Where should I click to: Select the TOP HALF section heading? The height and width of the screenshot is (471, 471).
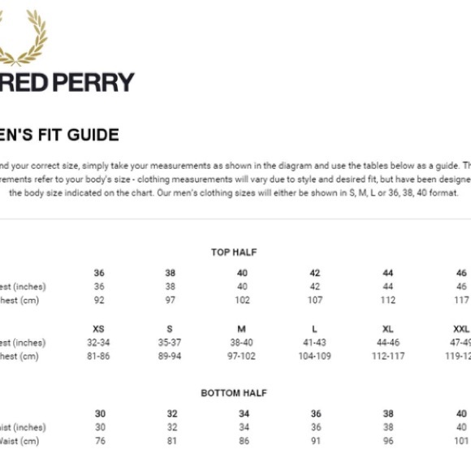click(x=234, y=253)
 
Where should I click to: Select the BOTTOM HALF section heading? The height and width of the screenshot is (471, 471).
click(x=234, y=393)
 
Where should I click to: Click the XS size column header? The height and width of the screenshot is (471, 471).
click(x=99, y=329)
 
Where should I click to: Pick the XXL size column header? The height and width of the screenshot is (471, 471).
click(x=460, y=329)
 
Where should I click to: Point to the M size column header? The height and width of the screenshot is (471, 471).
click(x=242, y=329)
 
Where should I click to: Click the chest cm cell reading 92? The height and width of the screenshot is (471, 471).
click(x=99, y=300)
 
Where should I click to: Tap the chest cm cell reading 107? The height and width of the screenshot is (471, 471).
click(x=315, y=300)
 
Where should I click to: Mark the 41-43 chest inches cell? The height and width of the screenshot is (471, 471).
click(x=315, y=343)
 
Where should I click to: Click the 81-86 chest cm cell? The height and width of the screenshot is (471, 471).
click(x=99, y=356)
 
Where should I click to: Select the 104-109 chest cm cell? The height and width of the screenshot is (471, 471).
click(x=315, y=356)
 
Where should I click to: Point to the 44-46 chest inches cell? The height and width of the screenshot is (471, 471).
click(x=388, y=343)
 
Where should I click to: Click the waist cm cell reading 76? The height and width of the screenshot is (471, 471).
click(x=100, y=441)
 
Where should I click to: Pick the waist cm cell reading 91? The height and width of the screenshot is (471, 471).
click(x=315, y=441)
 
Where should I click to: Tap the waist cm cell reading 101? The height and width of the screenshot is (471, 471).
click(x=461, y=441)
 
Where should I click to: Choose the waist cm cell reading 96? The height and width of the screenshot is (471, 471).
click(x=388, y=441)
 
